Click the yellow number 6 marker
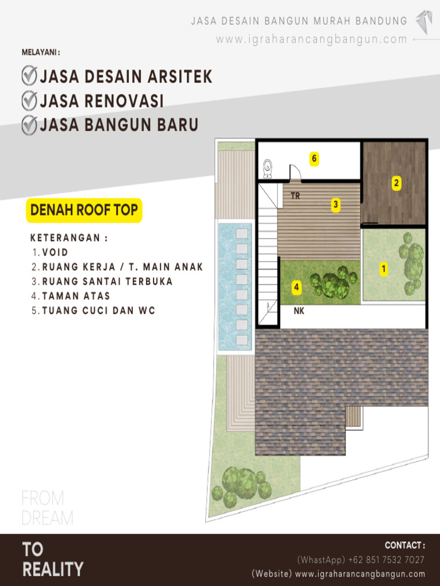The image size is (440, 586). [x=315, y=159]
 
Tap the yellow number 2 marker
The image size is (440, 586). [x=396, y=184]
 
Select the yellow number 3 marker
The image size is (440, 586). [x=336, y=205]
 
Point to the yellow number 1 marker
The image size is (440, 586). [x=383, y=269]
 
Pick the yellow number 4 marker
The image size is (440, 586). [x=297, y=287]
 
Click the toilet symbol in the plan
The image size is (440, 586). [x=268, y=169]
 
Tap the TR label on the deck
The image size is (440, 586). [x=295, y=196]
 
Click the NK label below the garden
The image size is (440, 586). [x=299, y=311]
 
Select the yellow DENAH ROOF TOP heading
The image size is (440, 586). [x=84, y=210]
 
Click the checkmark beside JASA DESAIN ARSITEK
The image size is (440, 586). [x=29, y=76]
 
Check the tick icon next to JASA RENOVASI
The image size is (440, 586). [x=29, y=101]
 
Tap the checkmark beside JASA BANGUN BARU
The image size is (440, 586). [x=29, y=124]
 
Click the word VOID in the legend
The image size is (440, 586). [x=55, y=252]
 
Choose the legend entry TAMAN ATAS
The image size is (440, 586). [x=76, y=296]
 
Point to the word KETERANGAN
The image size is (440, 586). [x=65, y=237]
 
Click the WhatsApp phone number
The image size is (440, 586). [x=386, y=560]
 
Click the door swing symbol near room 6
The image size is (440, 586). [x=296, y=173]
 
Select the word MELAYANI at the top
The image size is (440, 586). [x=39, y=52]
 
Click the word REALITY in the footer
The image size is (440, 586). [x=53, y=569]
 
